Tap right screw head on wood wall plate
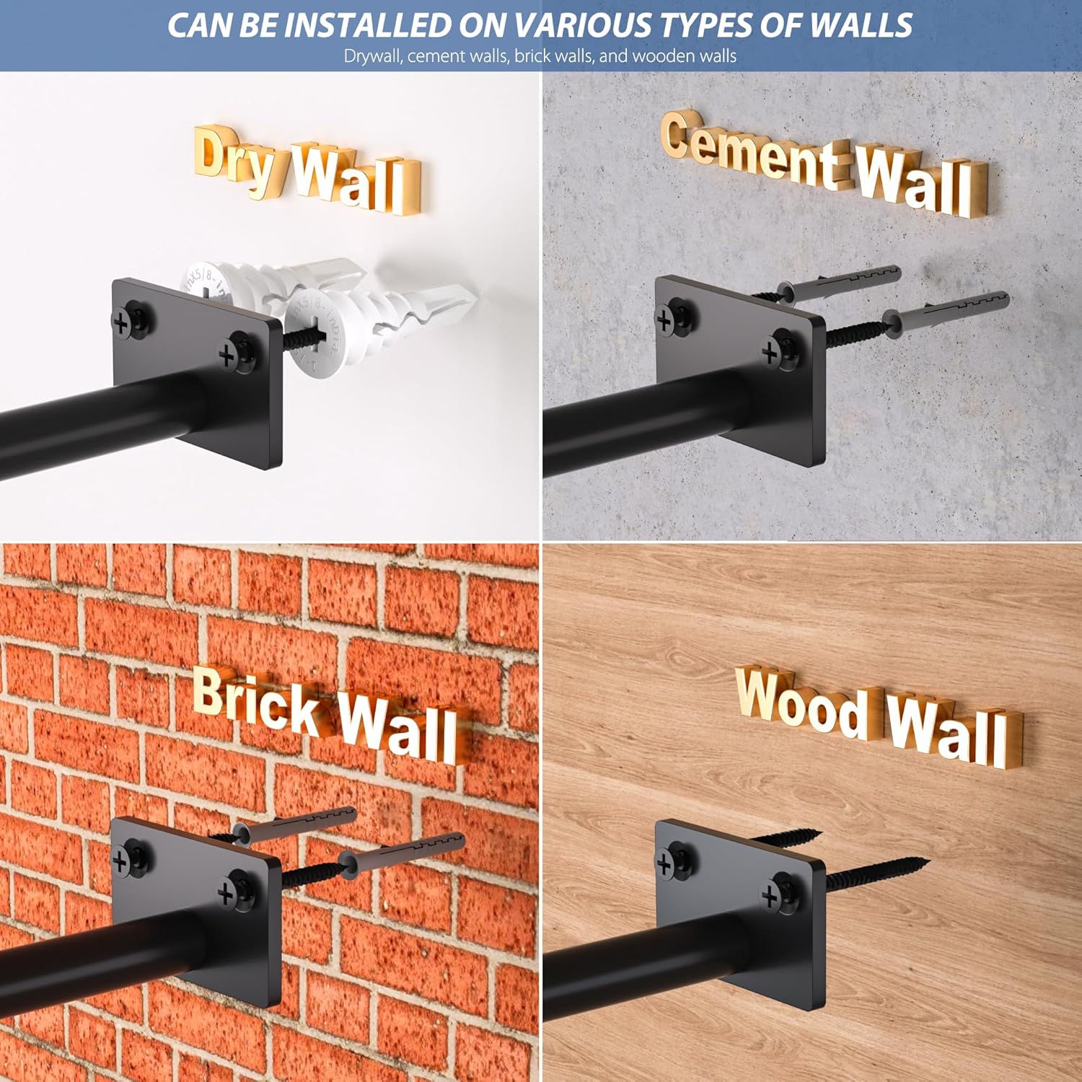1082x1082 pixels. coord(771,895)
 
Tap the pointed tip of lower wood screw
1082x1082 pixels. coord(928,860)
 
